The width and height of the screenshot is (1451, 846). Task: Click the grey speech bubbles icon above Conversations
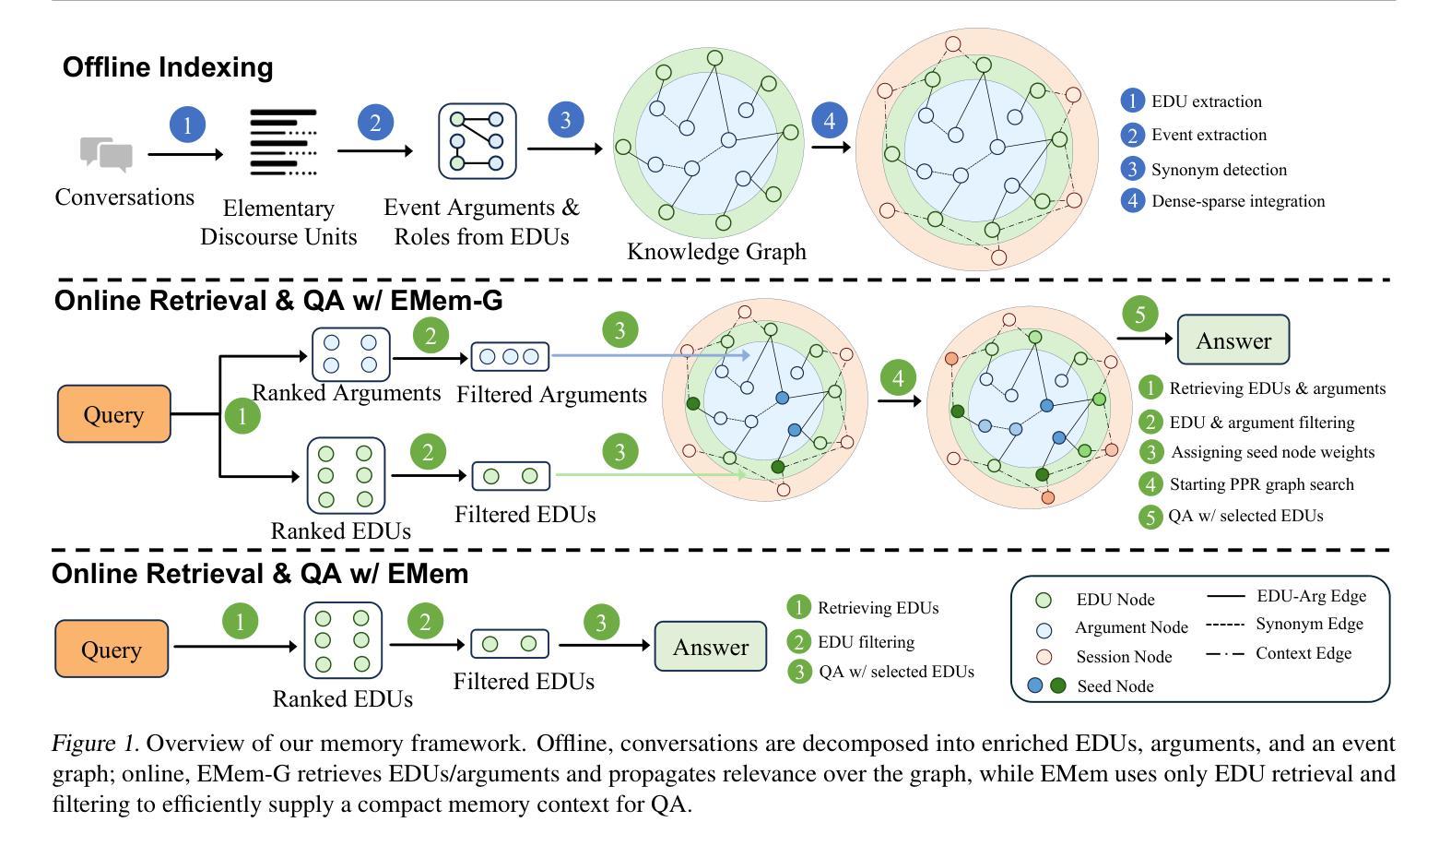pyautogui.click(x=106, y=154)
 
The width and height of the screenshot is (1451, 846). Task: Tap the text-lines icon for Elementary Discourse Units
pyautogui.click(x=284, y=143)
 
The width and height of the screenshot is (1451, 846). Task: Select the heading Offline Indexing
pyautogui.click(x=168, y=67)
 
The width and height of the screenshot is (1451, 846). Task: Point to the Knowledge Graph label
pyautogui.click(x=716, y=251)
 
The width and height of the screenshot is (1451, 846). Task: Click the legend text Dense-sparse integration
pyautogui.click(x=1238, y=201)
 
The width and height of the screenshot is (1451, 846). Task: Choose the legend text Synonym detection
pyautogui.click(x=1219, y=170)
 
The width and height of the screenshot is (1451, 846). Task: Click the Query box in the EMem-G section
pyautogui.click(x=114, y=414)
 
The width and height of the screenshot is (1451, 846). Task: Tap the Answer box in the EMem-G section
pyautogui.click(x=1233, y=340)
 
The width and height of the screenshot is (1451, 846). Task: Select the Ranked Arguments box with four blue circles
pyautogui.click(x=351, y=354)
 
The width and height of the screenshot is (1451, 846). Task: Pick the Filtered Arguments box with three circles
pyautogui.click(x=510, y=356)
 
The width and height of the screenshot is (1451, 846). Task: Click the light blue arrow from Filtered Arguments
pyautogui.click(x=650, y=355)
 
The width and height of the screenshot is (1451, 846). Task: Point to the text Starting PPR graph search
pyautogui.click(x=1261, y=484)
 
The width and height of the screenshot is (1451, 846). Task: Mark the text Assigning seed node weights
pyautogui.click(x=1272, y=452)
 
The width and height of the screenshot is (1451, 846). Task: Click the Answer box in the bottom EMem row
pyautogui.click(x=711, y=647)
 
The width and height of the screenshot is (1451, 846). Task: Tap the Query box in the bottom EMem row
pyautogui.click(x=112, y=649)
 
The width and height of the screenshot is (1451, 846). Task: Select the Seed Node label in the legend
pyautogui.click(x=1115, y=685)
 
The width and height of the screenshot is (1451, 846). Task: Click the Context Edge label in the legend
pyautogui.click(x=1304, y=653)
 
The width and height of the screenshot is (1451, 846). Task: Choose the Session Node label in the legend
pyautogui.click(x=1124, y=657)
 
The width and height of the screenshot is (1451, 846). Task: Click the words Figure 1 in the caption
pyautogui.click(x=95, y=743)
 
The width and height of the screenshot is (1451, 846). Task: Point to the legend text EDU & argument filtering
pyautogui.click(x=1262, y=423)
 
